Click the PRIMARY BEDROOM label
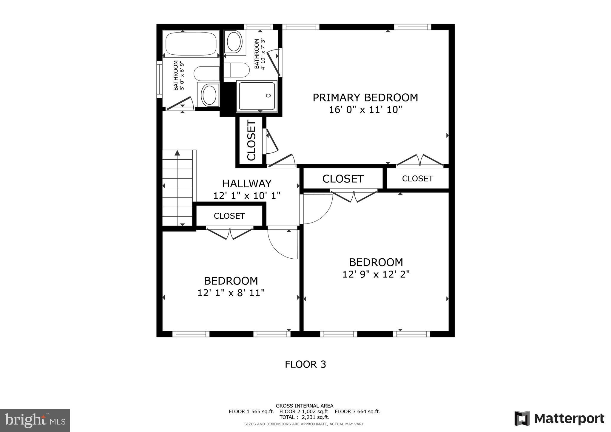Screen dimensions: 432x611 365,98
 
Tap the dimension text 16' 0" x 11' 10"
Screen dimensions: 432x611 365,110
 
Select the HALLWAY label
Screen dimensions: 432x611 247,183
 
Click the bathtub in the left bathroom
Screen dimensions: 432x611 191,44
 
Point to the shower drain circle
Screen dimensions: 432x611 268,95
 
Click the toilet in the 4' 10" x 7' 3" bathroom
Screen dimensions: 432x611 237,70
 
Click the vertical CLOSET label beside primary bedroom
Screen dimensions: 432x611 252,140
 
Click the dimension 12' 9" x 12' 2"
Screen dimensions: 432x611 376,274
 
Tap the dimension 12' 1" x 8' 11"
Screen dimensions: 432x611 231,293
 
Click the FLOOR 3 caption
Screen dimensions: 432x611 305,364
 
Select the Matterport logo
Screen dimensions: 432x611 559,419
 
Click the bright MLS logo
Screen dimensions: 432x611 35,420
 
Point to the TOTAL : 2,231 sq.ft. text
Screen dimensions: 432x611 304,417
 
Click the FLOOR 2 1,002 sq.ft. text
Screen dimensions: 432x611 304,411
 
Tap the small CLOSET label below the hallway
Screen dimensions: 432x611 229,216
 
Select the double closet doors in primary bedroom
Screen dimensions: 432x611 419,160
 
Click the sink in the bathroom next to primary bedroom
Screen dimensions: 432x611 234,42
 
